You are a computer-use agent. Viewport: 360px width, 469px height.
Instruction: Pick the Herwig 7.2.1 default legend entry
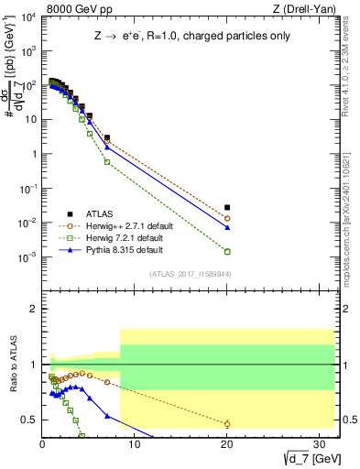[x=114, y=236]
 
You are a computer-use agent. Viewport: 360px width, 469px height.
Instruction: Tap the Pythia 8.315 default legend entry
[x=111, y=249]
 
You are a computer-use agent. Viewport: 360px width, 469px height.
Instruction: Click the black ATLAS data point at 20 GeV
[x=227, y=208]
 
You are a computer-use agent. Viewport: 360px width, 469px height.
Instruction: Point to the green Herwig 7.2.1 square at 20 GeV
[x=227, y=251]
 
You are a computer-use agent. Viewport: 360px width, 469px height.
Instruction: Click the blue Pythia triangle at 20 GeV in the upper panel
[x=227, y=227]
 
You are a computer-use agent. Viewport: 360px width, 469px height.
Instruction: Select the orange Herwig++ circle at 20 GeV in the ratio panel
[x=227, y=423]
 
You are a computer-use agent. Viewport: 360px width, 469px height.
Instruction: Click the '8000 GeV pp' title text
[x=70, y=8]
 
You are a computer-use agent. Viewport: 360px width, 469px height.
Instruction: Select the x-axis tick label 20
[x=227, y=443]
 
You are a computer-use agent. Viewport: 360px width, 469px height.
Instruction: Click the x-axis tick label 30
[x=320, y=443]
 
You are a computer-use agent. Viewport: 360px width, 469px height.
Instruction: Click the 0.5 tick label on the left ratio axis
[x=29, y=420]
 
